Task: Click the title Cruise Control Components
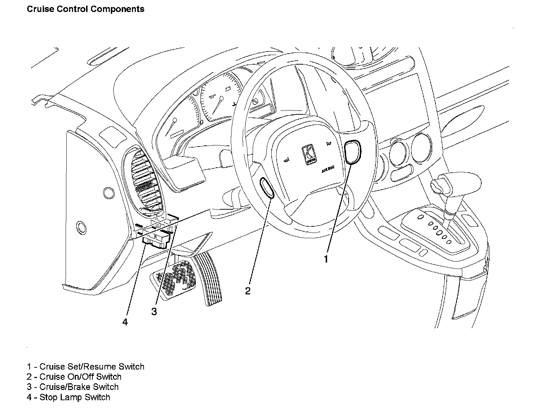(85, 9)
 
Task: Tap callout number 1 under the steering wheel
(326, 259)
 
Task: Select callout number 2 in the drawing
(248, 291)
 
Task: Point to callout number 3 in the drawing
(154, 312)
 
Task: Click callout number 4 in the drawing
(125, 322)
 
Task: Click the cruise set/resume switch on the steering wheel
(353, 152)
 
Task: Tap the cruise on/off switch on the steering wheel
(267, 187)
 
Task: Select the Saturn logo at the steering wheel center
(309, 155)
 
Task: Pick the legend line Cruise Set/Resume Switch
(85, 367)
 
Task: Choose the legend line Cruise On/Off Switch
(74, 377)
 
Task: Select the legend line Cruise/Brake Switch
(73, 387)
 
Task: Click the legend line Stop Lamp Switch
(68, 397)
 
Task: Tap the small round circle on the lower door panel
(81, 228)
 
